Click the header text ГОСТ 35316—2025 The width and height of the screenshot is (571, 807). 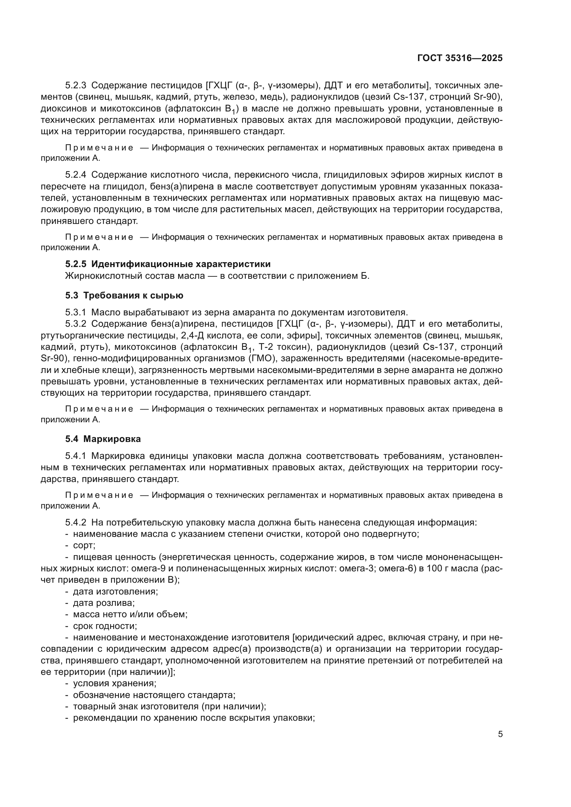460,58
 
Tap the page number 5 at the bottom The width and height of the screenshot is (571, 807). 500,734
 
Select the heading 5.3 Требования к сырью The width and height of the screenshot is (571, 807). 124,295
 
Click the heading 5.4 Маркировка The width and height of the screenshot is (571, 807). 103,439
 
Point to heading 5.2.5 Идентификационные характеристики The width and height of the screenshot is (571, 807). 168,264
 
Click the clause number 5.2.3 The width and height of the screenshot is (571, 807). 75,86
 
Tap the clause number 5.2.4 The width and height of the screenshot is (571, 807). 75,175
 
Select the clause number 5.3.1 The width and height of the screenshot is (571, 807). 75,312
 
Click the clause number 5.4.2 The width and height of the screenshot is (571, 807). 75,522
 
